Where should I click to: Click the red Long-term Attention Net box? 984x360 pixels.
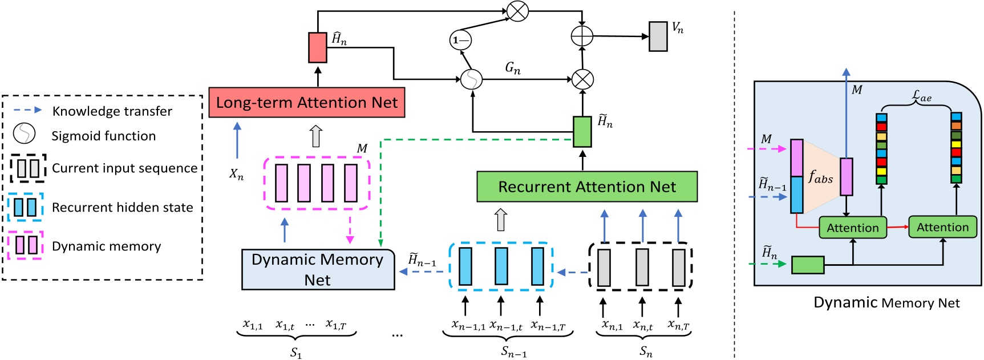tap(307, 103)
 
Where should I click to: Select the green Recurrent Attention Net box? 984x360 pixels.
tap(587, 187)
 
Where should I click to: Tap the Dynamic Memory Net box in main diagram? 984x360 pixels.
tap(318, 269)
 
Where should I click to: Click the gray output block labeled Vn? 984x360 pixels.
tap(658, 37)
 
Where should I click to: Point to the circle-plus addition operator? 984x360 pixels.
tap(582, 36)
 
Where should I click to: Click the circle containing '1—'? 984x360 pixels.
tap(460, 40)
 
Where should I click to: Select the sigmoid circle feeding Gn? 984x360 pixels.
tap(471, 79)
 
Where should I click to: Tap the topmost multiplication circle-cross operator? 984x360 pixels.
tap(517, 11)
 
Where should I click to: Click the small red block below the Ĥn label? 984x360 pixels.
tap(318, 47)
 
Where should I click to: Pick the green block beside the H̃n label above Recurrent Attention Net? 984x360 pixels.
tap(582, 132)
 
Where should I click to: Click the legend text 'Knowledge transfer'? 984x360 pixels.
tap(112, 111)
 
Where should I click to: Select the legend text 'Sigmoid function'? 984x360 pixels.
tap(103, 136)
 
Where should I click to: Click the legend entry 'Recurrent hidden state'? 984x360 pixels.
tap(122, 207)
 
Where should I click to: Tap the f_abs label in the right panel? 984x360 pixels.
tap(820, 178)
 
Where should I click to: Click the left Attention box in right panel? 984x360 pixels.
tap(853, 228)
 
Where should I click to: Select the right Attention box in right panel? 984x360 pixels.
tap(942, 227)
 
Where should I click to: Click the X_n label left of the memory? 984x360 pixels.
tap(236, 174)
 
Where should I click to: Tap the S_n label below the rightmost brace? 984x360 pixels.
tap(646, 351)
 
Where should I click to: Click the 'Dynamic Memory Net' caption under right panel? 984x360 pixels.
tap(886, 303)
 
